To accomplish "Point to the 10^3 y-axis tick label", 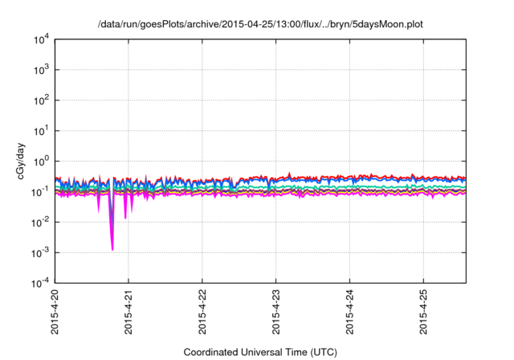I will pyautogui.click(x=40, y=70).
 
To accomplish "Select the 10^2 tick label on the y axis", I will pyautogui.click(x=40, y=100).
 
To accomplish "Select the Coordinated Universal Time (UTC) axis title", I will pyautogui.click(x=259, y=352).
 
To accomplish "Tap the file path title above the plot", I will pyautogui.click(x=259, y=24).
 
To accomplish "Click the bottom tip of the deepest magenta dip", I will pyautogui.click(x=112, y=250).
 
